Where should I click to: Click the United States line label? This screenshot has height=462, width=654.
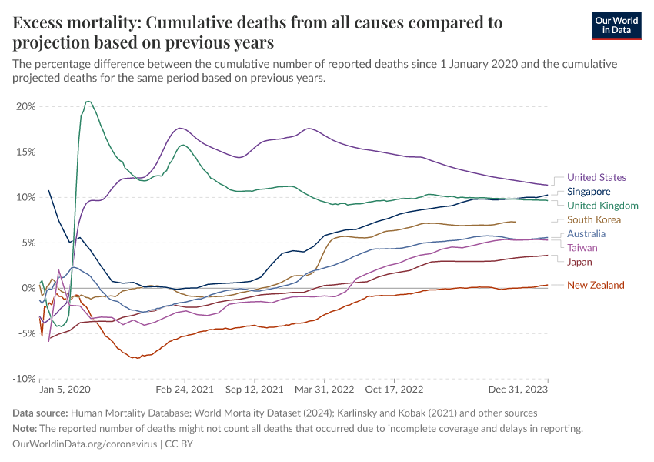click(x=596, y=178)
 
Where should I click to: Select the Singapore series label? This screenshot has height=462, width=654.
click(x=589, y=192)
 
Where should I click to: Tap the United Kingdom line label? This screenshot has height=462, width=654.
click(x=602, y=206)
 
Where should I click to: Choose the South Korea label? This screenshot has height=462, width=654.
click(x=594, y=220)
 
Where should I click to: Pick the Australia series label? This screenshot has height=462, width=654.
click(x=586, y=234)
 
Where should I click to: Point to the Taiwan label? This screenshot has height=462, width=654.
click(x=582, y=248)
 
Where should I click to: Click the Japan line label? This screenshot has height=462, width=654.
click(x=579, y=263)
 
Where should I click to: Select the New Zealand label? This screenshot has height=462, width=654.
click(x=596, y=286)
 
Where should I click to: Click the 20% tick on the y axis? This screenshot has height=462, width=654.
click(x=25, y=106)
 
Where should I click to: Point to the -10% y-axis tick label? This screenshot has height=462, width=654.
click(x=24, y=379)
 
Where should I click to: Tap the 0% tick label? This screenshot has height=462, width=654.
click(x=28, y=288)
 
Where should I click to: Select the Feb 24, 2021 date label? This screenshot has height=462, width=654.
click(x=183, y=390)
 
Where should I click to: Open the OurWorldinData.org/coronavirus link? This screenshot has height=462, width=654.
click(x=85, y=444)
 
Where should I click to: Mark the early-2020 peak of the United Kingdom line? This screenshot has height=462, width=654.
click(x=88, y=102)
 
